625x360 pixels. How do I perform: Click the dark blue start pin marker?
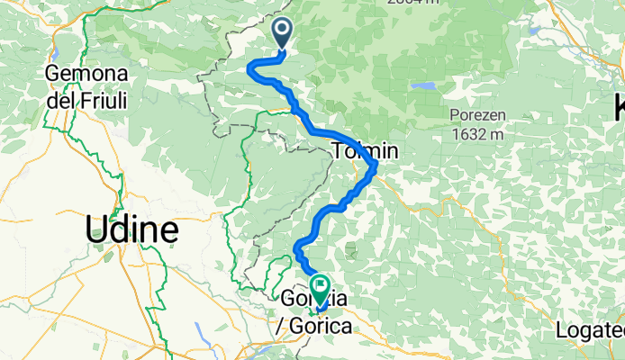point(283,34)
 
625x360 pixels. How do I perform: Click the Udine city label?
point(131,229)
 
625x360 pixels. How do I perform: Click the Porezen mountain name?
point(482,115)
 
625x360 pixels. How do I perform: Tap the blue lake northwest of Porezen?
point(422,87)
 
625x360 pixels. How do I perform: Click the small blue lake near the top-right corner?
point(534,31)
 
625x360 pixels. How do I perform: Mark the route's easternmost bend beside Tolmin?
point(374,166)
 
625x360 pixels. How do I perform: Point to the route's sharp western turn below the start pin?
point(249,66)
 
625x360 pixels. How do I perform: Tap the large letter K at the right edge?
point(619,109)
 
